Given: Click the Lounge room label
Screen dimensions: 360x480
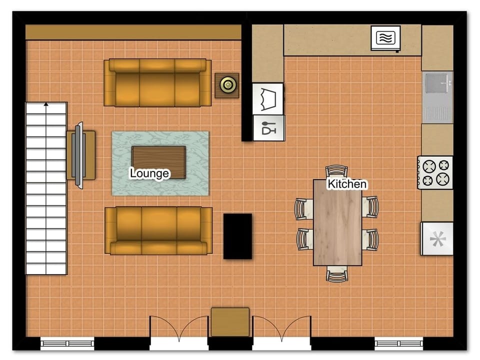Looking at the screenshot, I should click(x=149, y=173).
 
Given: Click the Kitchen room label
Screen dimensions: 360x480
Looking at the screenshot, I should click(x=347, y=184).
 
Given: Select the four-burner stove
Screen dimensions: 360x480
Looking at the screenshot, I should click(x=435, y=172).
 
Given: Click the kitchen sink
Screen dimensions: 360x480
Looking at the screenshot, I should click(x=437, y=97).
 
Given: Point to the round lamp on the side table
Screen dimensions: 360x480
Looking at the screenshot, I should click(x=227, y=85).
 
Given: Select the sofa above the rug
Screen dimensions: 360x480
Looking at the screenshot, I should click(x=157, y=82).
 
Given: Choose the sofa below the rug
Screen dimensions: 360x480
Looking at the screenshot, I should click(x=158, y=230).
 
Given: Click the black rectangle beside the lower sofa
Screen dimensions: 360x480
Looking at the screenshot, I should click(x=237, y=236).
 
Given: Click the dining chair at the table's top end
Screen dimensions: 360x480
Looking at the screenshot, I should click(x=336, y=171).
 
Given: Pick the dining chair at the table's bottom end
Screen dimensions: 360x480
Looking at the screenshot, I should click(x=336, y=274).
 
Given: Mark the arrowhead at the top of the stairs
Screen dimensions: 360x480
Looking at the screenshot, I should click(x=46, y=104).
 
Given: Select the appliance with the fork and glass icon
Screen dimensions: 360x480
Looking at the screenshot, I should click(x=268, y=127).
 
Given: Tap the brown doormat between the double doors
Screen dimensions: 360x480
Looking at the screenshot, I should click(x=230, y=322).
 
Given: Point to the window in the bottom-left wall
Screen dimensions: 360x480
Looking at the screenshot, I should click(x=67, y=343).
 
